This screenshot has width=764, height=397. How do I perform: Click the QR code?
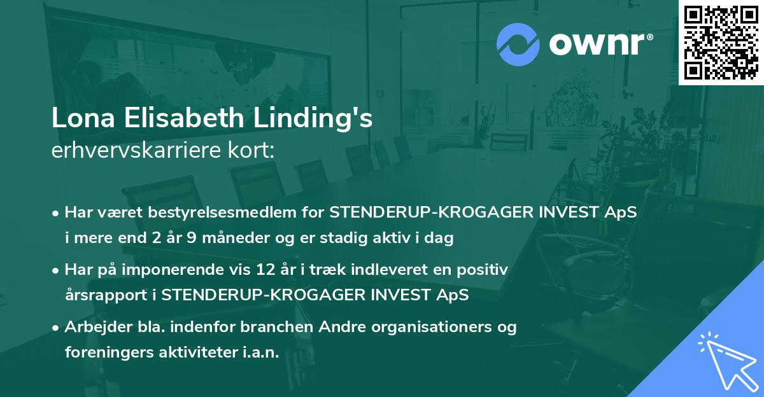721,43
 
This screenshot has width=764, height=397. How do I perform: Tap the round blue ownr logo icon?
519,45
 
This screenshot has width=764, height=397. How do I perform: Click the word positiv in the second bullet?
485,270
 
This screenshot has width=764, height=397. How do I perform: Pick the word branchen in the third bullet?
271,328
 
